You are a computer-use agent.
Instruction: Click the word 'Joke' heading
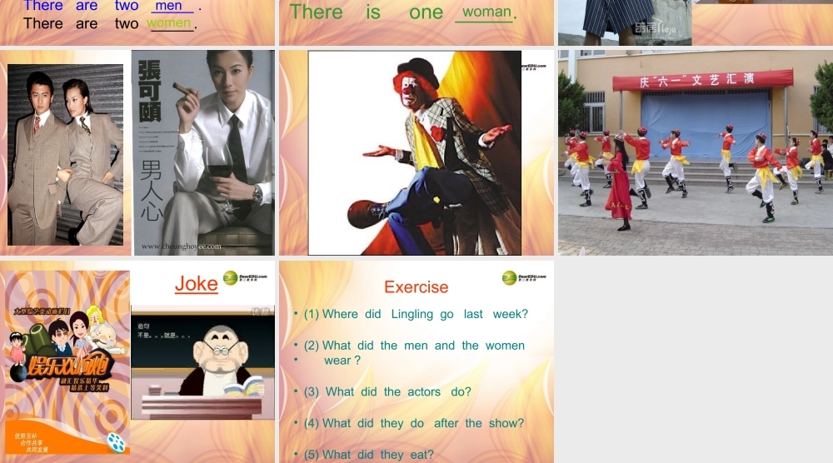196,284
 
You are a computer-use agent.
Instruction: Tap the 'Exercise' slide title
416,287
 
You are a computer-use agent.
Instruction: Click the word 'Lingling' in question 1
412,314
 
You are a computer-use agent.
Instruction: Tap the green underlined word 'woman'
486,12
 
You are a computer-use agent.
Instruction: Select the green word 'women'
169,23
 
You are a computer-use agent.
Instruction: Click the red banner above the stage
702,80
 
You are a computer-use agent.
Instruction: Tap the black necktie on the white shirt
237,150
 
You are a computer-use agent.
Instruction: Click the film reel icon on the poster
117,442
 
